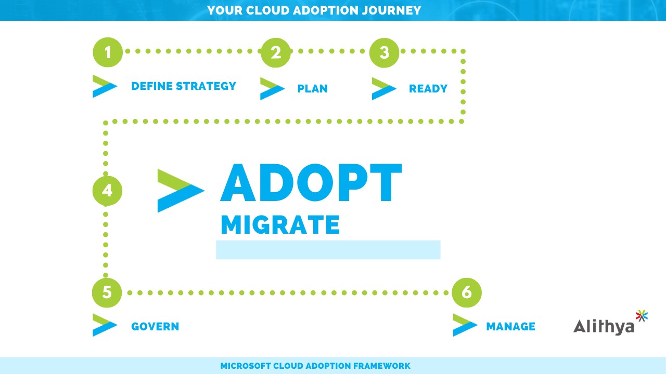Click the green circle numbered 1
click(x=108, y=52)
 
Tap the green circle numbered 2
click(x=276, y=52)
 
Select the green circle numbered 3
click(x=384, y=52)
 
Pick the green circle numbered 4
click(x=107, y=191)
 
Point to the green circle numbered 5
click(x=107, y=292)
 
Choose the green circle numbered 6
click(x=467, y=292)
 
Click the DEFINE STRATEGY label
click(x=184, y=86)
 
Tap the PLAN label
click(x=313, y=88)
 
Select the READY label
click(x=428, y=88)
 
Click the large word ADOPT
click(x=311, y=182)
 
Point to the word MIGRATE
click(x=280, y=225)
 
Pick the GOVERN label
click(x=155, y=327)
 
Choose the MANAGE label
click(x=511, y=327)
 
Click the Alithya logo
click(x=610, y=323)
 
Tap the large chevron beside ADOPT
click(x=181, y=191)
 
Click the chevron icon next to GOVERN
click(x=105, y=325)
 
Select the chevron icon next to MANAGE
click(x=465, y=325)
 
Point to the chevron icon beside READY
click(x=384, y=89)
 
